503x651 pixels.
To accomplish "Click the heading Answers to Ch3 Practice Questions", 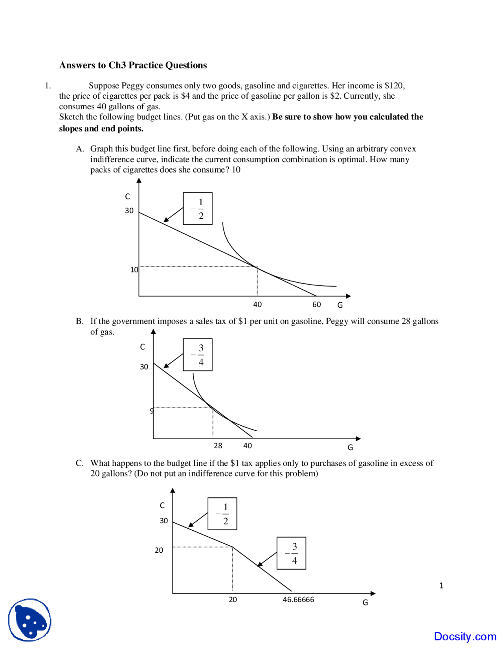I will click(133, 65).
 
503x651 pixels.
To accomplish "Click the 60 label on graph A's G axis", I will click(316, 305).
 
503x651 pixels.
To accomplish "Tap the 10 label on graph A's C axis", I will click(134, 270).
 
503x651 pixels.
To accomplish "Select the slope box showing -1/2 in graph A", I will click(198, 209).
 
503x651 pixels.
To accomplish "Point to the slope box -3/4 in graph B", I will click(198, 355).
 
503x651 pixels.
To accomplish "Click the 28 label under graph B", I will click(218, 446).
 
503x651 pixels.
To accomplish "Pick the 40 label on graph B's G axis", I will click(248, 446).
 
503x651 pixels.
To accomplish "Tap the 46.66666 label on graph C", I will click(298, 600).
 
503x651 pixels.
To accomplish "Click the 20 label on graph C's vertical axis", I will click(159, 550).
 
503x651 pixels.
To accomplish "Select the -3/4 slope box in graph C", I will click(291, 553).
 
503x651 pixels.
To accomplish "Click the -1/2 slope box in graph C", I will click(222, 514).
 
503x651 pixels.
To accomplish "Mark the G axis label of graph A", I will click(340, 305).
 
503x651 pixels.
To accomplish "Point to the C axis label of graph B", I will click(142, 347).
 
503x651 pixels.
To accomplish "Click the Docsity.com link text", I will click(465, 636).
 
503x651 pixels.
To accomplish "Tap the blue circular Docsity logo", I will click(30, 620).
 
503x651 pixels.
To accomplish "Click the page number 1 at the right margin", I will click(441, 586).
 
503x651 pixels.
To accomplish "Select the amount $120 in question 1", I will click(394, 86).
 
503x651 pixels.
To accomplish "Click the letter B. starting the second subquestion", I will click(80, 321).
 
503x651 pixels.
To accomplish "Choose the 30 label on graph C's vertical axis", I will click(163, 521).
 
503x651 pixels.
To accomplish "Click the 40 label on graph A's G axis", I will click(257, 305).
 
